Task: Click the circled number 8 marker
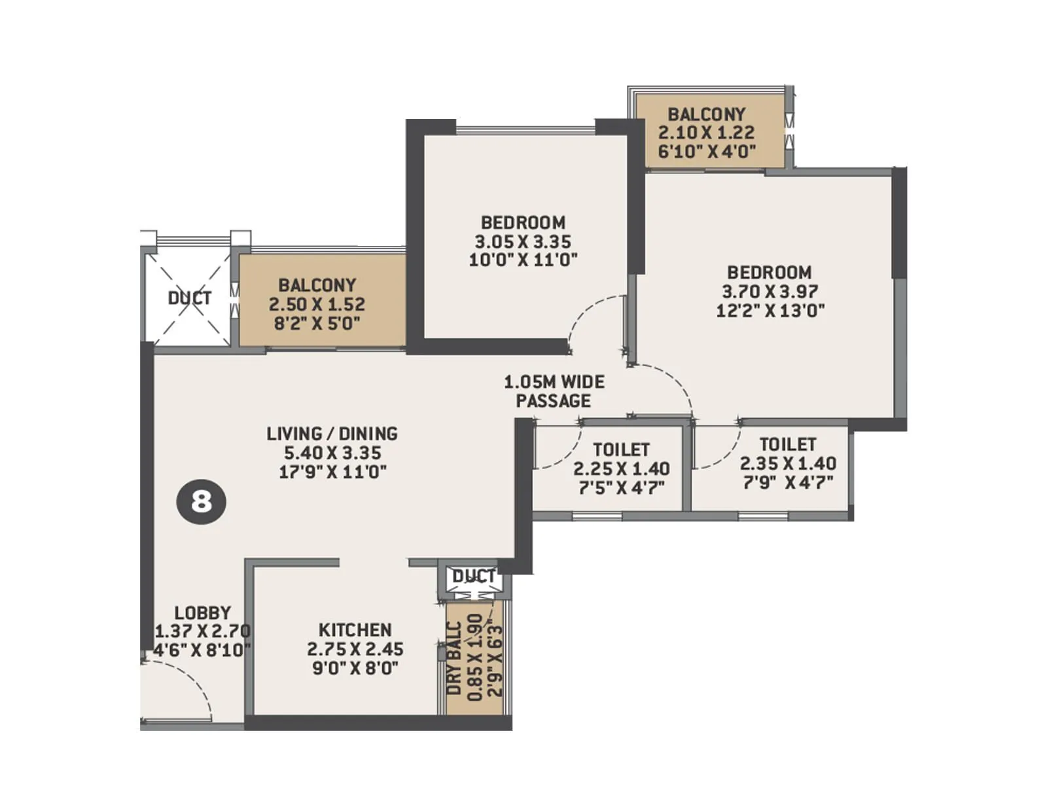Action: (x=202, y=502)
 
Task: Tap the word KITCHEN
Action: (x=355, y=630)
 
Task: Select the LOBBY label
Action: (x=203, y=613)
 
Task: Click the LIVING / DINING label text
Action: (x=332, y=433)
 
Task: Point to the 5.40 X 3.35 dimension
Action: (x=332, y=452)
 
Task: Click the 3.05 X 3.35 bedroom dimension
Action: (x=523, y=241)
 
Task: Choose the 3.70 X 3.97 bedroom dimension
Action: (x=770, y=291)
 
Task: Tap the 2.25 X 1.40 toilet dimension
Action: (x=622, y=468)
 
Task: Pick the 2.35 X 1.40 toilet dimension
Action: (x=788, y=464)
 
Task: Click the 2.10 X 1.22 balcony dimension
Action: (x=707, y=133)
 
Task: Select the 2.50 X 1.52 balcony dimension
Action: (x=317, y=304)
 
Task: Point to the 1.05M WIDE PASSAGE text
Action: (x=554, y=391)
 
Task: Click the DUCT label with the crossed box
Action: (x=190, y=298)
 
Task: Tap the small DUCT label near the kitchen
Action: (x=474, y=576)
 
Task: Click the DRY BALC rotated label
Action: (x=455, y=658)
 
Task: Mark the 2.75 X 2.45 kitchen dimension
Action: (x=355, y=649)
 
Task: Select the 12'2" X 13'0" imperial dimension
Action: (x=770, y=310)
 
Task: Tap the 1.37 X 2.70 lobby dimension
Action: (x=203, y=631)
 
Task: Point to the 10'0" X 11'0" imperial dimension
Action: (x=523, y=260)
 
